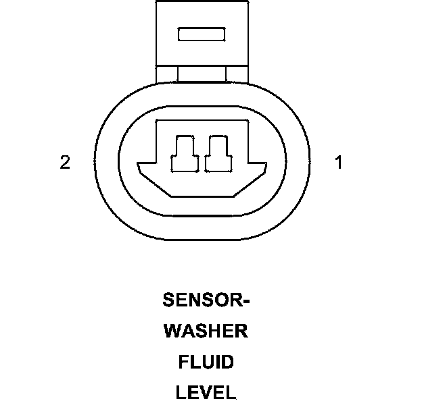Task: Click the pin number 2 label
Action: tap(65, 162)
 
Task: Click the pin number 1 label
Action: tap(339, 162)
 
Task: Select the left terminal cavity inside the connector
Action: tap(185, 154)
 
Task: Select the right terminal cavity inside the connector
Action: tap(218, 154)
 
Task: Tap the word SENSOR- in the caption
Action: tap(206, 300)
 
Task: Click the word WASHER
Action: tap(206, 331)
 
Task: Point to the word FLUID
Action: tap(206, 362)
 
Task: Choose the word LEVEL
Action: tap(206, 392)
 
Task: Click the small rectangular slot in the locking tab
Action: tap(202, 34)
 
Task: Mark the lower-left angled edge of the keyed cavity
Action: tap(156, 186)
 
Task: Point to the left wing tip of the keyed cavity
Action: tap(137, 163)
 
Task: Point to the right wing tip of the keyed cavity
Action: tap(266, 163)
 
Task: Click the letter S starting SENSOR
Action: tap(168, 300)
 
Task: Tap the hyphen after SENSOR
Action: tap(247, 301)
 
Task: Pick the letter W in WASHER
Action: tap(172, 331)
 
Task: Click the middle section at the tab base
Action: tap(202, 74)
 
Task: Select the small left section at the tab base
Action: tap(167, 74)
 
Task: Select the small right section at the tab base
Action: tap(237, 74)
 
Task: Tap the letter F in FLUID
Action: tap(183, 362)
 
